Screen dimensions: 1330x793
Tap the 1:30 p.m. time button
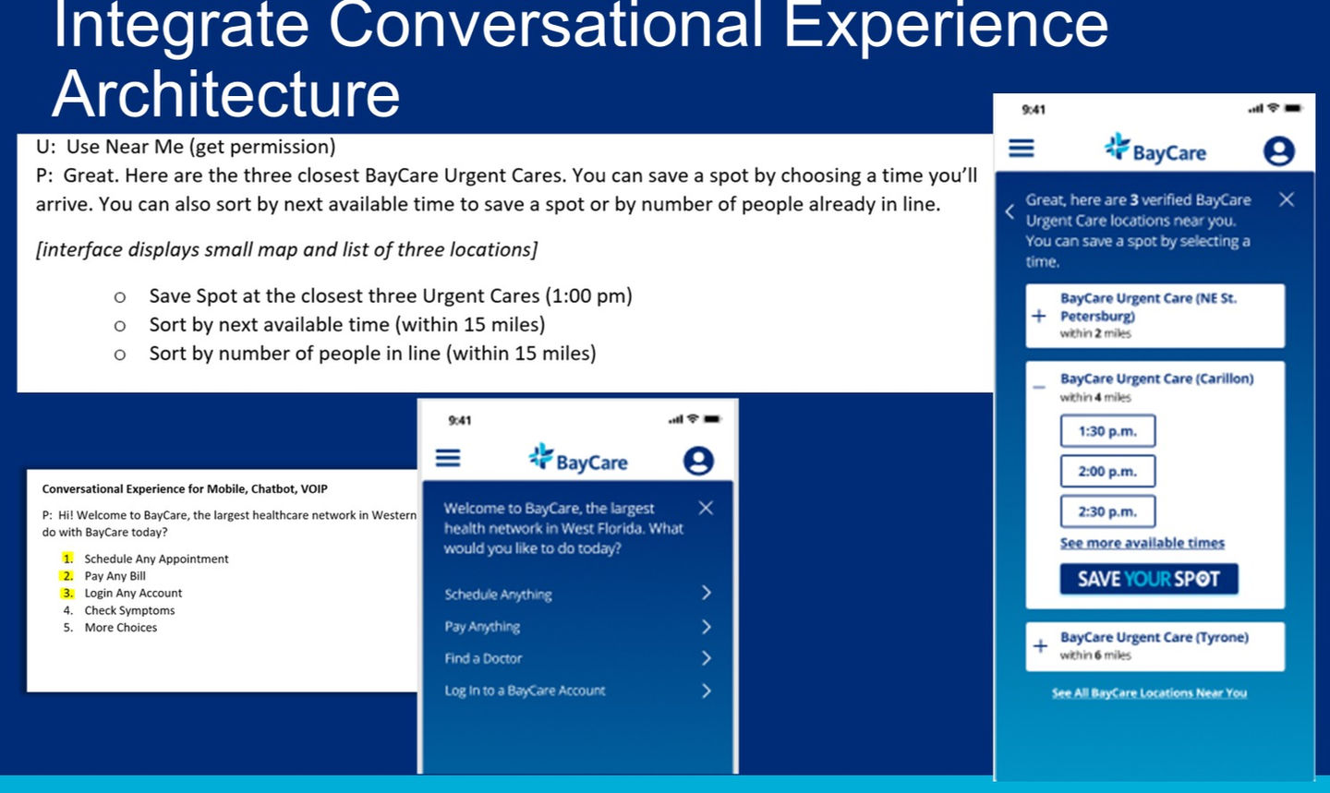click(x=1107, y=431)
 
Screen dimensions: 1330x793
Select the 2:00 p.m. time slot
click(x=1107, y=472)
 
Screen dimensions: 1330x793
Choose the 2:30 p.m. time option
click(x=1107, y=511)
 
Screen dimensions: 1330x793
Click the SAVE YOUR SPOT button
click(x=1149, y=579)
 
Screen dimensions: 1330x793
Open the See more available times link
click(x=1143, y=543)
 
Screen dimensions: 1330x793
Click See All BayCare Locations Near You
click(x=1150, y=692)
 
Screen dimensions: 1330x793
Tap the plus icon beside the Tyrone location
click(x=1040, y=646)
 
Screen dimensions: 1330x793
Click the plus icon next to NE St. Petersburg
click(x=1039, y=316)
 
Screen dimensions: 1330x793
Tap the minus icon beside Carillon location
click(x=1039, y=387)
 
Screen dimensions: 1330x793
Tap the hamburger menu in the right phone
click(x=1022, y=148)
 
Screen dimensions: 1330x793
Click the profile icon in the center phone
click(x=698, y=461)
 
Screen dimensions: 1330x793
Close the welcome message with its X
click(x=706, y=508)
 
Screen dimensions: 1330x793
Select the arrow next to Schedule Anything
click(x=707, y=593)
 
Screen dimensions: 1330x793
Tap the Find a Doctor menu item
click(x=483, y=658)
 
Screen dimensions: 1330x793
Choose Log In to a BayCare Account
click(x=525, y=691)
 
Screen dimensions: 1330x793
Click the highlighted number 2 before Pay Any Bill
click(x=67, y=576)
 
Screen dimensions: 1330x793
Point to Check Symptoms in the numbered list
click(x=129, y=610)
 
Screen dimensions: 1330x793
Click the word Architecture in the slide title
click(x=226, y=94)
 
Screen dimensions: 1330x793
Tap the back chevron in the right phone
click(x=1010, y=211)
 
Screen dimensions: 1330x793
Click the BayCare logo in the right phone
click(x=1155, y=149)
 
